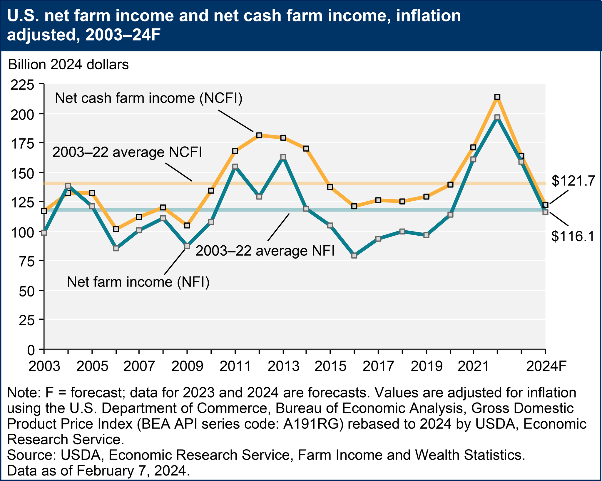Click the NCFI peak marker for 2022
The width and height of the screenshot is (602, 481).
[497, 97]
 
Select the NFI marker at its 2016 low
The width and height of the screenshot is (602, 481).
[354, 255]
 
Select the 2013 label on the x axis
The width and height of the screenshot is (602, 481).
[283, 366]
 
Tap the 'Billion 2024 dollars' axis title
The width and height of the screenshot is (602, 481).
[68, 64]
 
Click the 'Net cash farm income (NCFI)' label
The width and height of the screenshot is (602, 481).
[148, 98]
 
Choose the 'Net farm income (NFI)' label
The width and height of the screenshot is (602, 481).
[138, 282]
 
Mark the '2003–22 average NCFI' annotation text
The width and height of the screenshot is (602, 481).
[127, 152]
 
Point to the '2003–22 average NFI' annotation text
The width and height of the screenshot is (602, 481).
[265, 251]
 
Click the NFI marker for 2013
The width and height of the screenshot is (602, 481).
[283, 157]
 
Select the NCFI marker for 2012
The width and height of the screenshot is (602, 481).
[259, 135]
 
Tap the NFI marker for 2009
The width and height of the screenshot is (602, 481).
[187, 246]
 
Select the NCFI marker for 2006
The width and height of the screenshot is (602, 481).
[116, 229]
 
